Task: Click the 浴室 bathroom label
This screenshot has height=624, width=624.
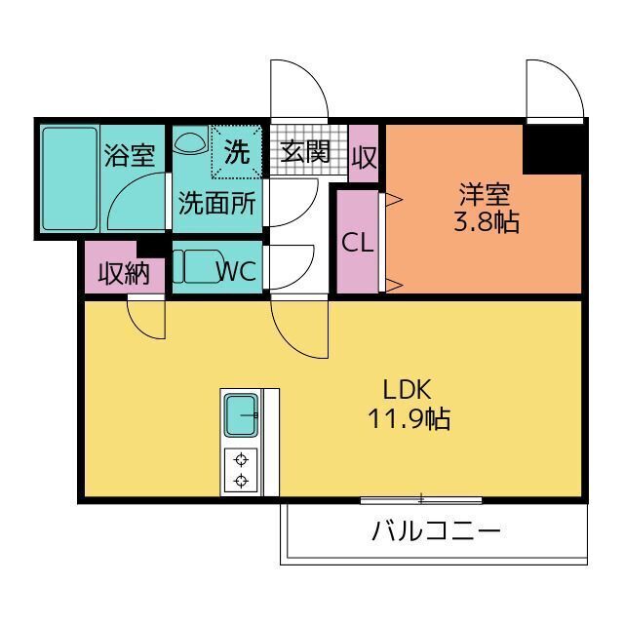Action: pos(130,155)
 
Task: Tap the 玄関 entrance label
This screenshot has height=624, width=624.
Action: pos(305,152)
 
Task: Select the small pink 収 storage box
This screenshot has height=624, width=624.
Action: pos(364,155)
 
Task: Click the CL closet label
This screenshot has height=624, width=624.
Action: pos(358,243)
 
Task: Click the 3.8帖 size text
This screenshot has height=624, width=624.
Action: pos(485,222)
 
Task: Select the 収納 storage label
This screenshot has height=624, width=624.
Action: pos(123,273)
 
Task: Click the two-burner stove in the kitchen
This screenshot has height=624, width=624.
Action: pos(240,470)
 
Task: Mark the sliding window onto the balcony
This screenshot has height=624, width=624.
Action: pos(421,500)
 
